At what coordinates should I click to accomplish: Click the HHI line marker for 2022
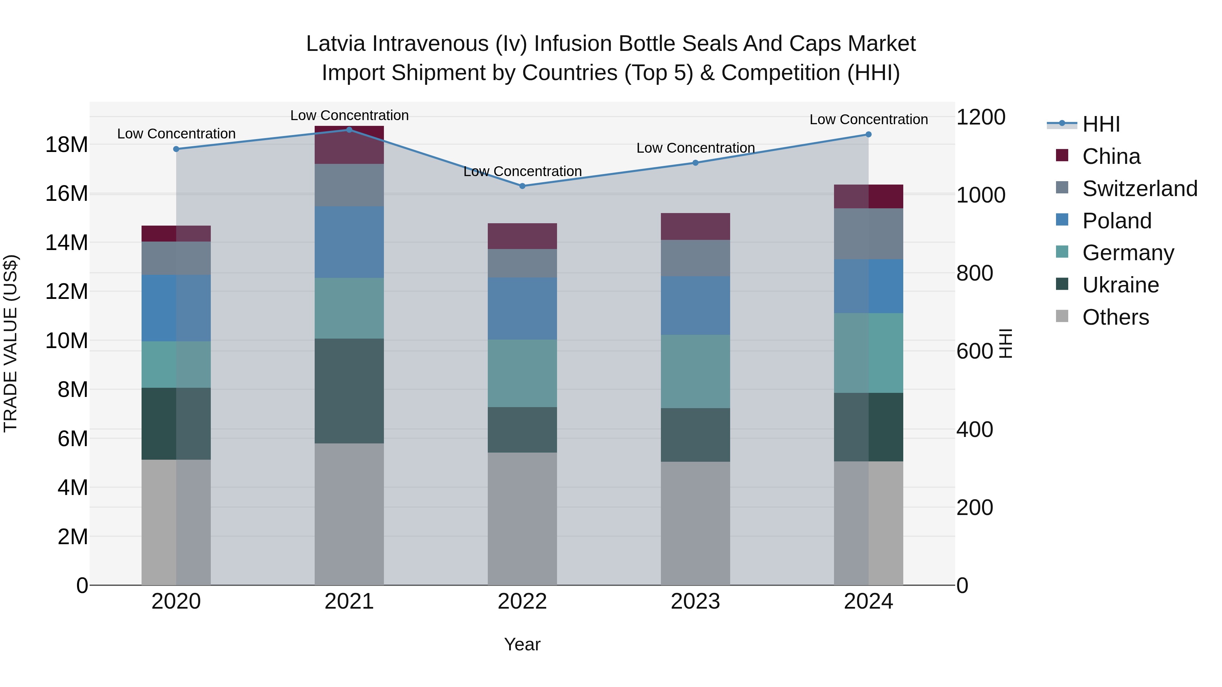tap(522, 186)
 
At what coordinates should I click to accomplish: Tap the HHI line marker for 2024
tap(869, 134)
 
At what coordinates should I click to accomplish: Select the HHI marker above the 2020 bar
tap(176, 149)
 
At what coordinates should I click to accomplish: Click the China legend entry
tap(1111, 156)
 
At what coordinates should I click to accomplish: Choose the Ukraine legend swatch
tap(1062, 285)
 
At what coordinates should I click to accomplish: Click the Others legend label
tap(1116, 317)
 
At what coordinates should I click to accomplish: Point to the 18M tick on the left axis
tap(67, 145)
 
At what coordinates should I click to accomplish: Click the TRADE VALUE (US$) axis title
tap(11, 343)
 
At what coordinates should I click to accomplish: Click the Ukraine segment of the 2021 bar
tap(349, 391)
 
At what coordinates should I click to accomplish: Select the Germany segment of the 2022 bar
tap(522, 373)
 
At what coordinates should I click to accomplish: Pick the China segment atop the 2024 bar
tap(869, 196)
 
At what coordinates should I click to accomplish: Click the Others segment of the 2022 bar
tap(522, 519)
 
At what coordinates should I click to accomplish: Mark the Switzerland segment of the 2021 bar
tap(349, 185)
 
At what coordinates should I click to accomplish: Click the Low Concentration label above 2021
tap(349, 115)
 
